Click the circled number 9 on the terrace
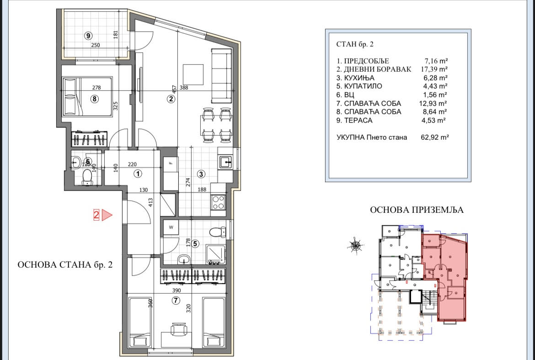point(88,36)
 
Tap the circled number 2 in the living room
point(171,99)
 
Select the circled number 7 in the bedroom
point(176,301)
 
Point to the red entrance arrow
point(107,215)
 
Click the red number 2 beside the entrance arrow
point(96,215)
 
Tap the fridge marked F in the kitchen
point(171,173)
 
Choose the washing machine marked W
point(171,228)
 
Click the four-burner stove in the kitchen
point(218,202)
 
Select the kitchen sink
point(225,162)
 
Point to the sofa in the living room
point(222,76)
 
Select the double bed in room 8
point(88,97)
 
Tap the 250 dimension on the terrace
point(96,45)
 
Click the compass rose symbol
point(355,245)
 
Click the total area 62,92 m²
point(435,138)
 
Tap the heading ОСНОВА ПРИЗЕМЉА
point(417,210)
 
